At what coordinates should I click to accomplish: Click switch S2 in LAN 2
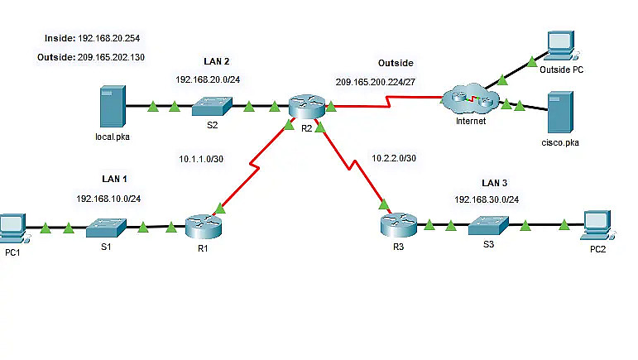click(x=211, y=106)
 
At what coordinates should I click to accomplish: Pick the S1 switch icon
click(x=106, y=226)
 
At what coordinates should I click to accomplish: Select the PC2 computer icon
click(x=595, y=224)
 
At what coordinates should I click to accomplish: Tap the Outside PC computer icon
click(x=559, y=47)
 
